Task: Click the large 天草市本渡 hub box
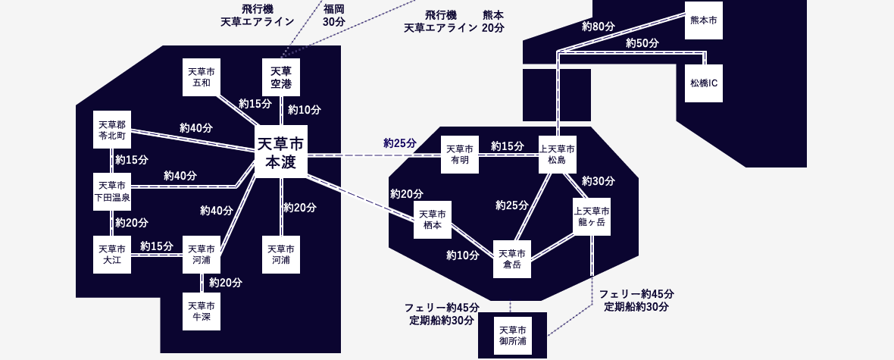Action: tap(280, 152)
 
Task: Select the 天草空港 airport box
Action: tap(280, 77)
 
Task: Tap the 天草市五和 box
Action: tap(202, 77)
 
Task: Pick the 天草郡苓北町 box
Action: tap(112, 130)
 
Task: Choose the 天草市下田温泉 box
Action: tap(112, 192)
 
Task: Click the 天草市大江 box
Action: tap(112, 255)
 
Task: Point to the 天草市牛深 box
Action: tap(202, 311)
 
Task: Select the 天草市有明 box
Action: tap(460, 155)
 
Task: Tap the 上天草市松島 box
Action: tap(558, 155)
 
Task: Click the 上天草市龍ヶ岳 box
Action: tap(592, 217)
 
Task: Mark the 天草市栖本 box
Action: tap(433, 220)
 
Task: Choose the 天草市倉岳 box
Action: tap(512, 259)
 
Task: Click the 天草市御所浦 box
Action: tap(512, 336)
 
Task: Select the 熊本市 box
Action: tap(704, 20)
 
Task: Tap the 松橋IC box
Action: tap(704, 83)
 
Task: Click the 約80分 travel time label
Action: tap(598, 27)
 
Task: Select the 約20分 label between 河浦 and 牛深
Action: tap(226, 283)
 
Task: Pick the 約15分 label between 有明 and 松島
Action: tap(508, 146)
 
